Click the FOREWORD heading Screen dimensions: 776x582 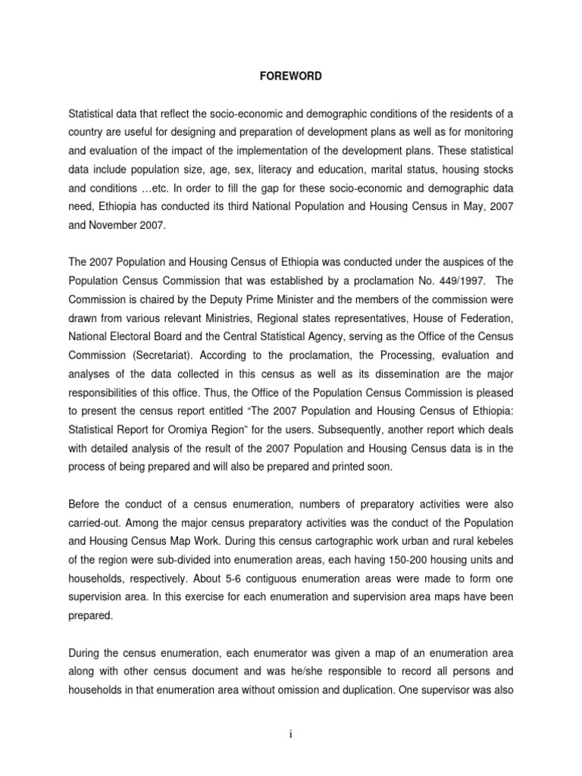[290, 77]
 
